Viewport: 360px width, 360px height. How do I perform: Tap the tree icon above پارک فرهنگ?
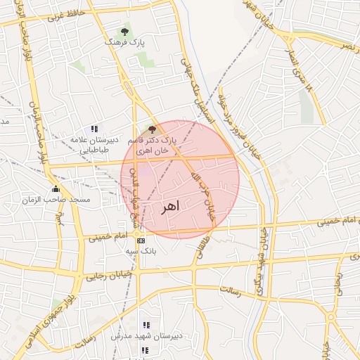[125, 32]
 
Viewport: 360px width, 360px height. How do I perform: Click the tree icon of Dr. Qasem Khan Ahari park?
[151, 129]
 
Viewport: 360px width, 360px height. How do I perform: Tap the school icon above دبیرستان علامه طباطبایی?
[94, 129]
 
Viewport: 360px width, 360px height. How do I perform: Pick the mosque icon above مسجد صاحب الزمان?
[56, 188]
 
